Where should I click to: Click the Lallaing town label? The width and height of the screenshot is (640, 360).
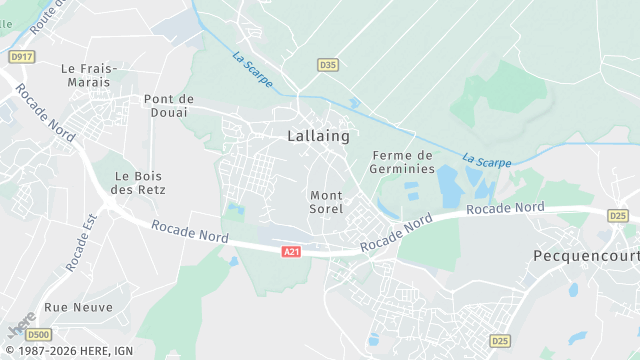[318, 134]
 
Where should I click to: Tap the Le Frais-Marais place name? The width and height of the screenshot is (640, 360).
[89, 75]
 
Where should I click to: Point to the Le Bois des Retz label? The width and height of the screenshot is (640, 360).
[138, 182]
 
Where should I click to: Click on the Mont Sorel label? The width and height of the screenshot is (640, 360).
[327, 202]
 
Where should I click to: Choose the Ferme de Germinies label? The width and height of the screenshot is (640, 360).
[403, 162]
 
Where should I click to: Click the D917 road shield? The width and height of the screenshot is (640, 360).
[21, 57]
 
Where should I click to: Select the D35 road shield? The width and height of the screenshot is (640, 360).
[327, 64]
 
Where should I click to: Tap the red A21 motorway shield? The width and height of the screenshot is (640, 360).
[291, 252]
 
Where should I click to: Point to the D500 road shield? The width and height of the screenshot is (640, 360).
[39, 334]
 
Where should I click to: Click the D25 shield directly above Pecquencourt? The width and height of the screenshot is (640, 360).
[618, 215]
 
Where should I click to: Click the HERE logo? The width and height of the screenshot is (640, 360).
[21, 328]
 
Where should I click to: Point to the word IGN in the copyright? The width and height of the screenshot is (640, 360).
[123, 350]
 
